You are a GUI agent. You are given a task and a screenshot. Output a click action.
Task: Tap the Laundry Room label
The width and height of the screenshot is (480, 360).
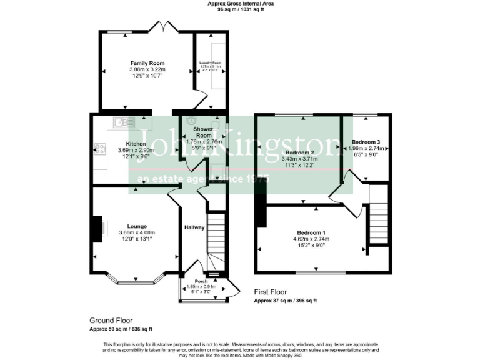click(211, 63)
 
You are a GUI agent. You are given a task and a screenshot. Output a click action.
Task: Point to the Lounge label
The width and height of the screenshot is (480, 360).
click(137, 226)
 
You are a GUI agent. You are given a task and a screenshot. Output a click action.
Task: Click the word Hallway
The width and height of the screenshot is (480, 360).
click(194, 227)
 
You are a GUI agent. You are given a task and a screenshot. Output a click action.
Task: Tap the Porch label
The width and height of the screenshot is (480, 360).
click(201, 281)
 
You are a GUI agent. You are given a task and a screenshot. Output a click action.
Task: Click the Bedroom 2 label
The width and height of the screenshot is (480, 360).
click(299, 152)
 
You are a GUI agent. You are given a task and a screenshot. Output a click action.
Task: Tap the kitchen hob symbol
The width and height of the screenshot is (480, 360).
click(99, 149)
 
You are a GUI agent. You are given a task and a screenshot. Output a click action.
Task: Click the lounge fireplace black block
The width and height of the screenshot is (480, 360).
click(96, 229)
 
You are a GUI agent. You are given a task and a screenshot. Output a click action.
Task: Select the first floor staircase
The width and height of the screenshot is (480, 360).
click(378, 216)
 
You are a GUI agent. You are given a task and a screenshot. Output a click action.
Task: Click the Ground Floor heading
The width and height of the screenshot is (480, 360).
click(111, 321)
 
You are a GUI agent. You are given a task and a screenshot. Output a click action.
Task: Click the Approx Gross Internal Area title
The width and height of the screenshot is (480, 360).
click(241, 4)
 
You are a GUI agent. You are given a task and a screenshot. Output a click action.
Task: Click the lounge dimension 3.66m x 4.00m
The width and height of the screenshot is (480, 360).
click(137, 232)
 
